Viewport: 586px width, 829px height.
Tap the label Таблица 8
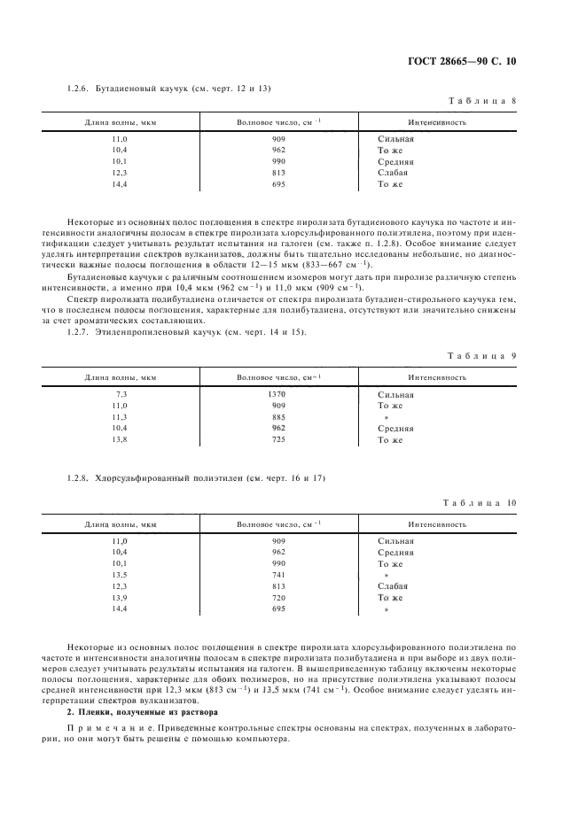click(483, 101)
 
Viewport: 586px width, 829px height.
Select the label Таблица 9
click(483, 355)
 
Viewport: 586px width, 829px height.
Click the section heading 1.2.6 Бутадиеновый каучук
click(169, 89)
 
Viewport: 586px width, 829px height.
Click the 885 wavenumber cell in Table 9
click(277, 416)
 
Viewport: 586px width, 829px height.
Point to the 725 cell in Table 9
click(277, 439)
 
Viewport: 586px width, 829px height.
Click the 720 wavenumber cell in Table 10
click(277, 598)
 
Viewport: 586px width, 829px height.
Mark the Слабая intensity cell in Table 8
click(394, 174)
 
